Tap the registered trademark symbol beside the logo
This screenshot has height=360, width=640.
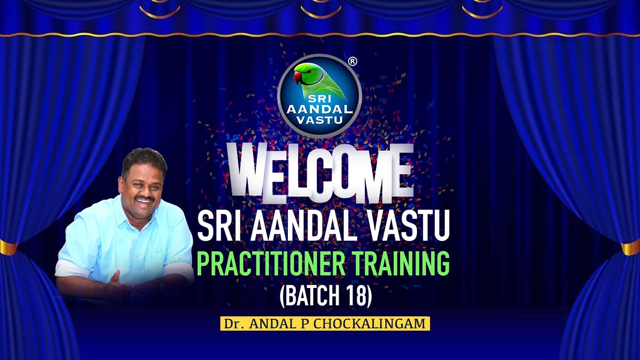pos(353,61)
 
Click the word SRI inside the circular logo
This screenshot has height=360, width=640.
pos(320,99)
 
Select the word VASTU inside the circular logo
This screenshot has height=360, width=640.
pos(320,120)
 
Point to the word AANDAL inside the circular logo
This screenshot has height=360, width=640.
pos(320,109)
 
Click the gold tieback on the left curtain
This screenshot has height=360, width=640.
pos(8,248)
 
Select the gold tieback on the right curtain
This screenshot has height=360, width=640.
pos(631,248)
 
